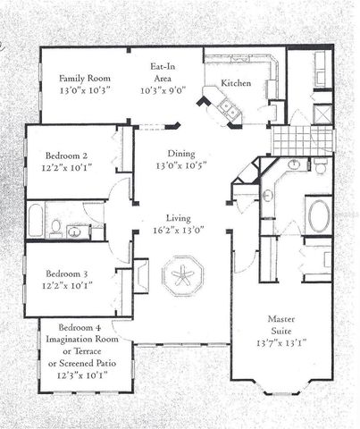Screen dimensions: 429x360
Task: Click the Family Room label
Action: [x=84, y=77]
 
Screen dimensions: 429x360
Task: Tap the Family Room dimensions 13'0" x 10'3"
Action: [x=84, y=90]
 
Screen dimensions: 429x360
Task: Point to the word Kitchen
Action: [x=237, y=83]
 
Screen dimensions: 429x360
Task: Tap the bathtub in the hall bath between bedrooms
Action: [x=36, y=221]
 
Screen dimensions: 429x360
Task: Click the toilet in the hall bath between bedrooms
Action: [x=55, y=229]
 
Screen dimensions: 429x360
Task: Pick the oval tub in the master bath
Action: [x=318, y=215]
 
